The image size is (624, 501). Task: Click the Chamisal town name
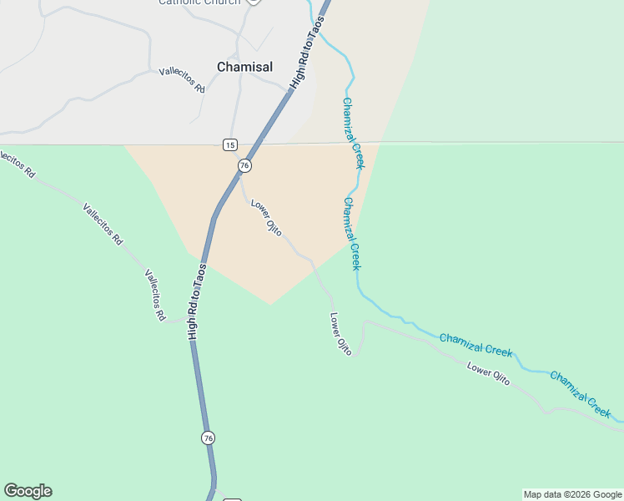[x=244, y=67]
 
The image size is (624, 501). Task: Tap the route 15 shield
[x=230, y=144]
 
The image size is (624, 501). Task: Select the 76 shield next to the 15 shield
[x=244, y=165]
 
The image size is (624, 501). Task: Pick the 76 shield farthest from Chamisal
[x=208, y=438]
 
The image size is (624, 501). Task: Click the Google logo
[x=28, y=491]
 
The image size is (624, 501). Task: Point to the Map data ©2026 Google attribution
[x=572, y=494]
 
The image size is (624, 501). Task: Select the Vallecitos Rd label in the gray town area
[x=182, y=80]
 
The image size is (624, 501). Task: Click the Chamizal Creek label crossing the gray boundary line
[x=353, y=134]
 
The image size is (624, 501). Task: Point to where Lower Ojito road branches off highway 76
[x=241, y=178]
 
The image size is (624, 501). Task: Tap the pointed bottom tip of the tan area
[x=269, y=304]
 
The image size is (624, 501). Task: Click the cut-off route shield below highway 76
[x=232, y=498]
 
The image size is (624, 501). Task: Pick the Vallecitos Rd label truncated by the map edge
[x=17, y=163]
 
